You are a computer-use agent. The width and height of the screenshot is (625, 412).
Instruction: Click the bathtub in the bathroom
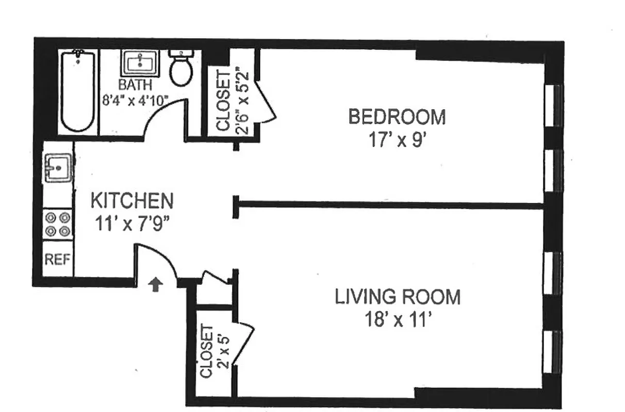coord(77,91)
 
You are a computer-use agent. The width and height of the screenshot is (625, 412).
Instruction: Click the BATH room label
coord(135,84)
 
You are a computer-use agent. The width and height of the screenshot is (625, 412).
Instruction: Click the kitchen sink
coord(58,167)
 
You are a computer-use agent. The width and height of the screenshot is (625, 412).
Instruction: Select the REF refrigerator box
coord(57,259)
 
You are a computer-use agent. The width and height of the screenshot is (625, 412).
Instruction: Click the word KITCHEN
coord(131,200)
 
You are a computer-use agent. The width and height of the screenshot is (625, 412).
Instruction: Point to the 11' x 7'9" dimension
coord(132,224)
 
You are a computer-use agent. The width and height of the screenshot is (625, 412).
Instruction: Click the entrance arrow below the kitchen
coord(156,284)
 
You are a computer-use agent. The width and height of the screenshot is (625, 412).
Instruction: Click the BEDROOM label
coord(397,117)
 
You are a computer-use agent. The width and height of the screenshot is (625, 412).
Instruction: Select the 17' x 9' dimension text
coord(397,141)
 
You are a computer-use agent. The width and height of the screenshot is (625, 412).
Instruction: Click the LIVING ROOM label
coord(397,297)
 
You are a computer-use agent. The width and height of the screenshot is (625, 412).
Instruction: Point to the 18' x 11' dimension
coord(397,320)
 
